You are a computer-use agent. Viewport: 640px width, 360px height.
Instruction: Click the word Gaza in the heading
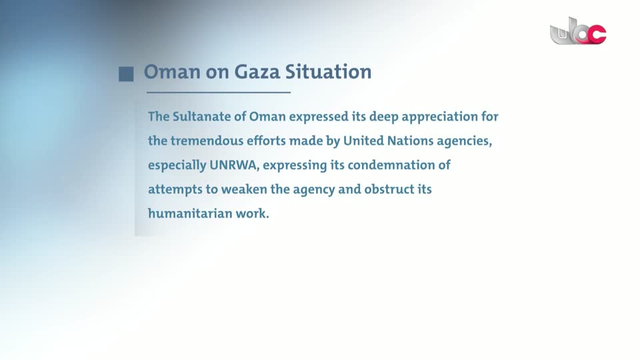[257, 72]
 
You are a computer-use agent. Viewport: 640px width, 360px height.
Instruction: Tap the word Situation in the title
[328, 72]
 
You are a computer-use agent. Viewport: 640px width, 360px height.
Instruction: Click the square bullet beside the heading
[126, 74]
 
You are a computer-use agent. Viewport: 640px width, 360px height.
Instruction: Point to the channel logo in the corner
[578, 31]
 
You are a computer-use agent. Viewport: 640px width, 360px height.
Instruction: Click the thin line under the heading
[219, 93]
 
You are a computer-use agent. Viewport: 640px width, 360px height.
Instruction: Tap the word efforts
[266, 141]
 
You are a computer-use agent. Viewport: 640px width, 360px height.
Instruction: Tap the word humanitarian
[190, 213]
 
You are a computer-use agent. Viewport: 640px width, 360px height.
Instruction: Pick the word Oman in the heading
[172, 72]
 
